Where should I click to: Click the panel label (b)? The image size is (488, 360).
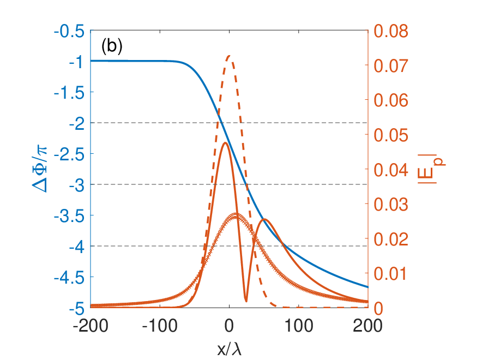coord(112,46)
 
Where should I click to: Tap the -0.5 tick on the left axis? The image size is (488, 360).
coord(69,32)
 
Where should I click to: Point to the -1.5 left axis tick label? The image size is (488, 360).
coord(69,93)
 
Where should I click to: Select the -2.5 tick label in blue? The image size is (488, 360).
coord(69,154)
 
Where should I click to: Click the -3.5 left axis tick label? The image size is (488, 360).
coord(69,216)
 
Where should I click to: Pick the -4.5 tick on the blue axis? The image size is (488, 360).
coord(69,277)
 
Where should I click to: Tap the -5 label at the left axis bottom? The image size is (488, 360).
coord(76,308)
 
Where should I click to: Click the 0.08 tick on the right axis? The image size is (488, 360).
coord(391,31)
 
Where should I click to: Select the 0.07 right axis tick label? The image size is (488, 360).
coord(391,65)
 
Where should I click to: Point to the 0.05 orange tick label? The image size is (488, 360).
coord(391,135)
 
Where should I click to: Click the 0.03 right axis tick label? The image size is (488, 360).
coord(391,205)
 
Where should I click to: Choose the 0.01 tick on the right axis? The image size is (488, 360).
coord(390,274)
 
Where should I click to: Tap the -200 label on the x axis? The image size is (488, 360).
coord(91,326)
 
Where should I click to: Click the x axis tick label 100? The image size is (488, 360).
coord(299,326)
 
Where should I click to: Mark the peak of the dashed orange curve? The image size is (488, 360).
coord(230,56)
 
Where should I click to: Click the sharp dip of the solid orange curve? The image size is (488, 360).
coord(246,301)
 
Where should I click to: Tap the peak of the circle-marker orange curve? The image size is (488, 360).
coord(235,214)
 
